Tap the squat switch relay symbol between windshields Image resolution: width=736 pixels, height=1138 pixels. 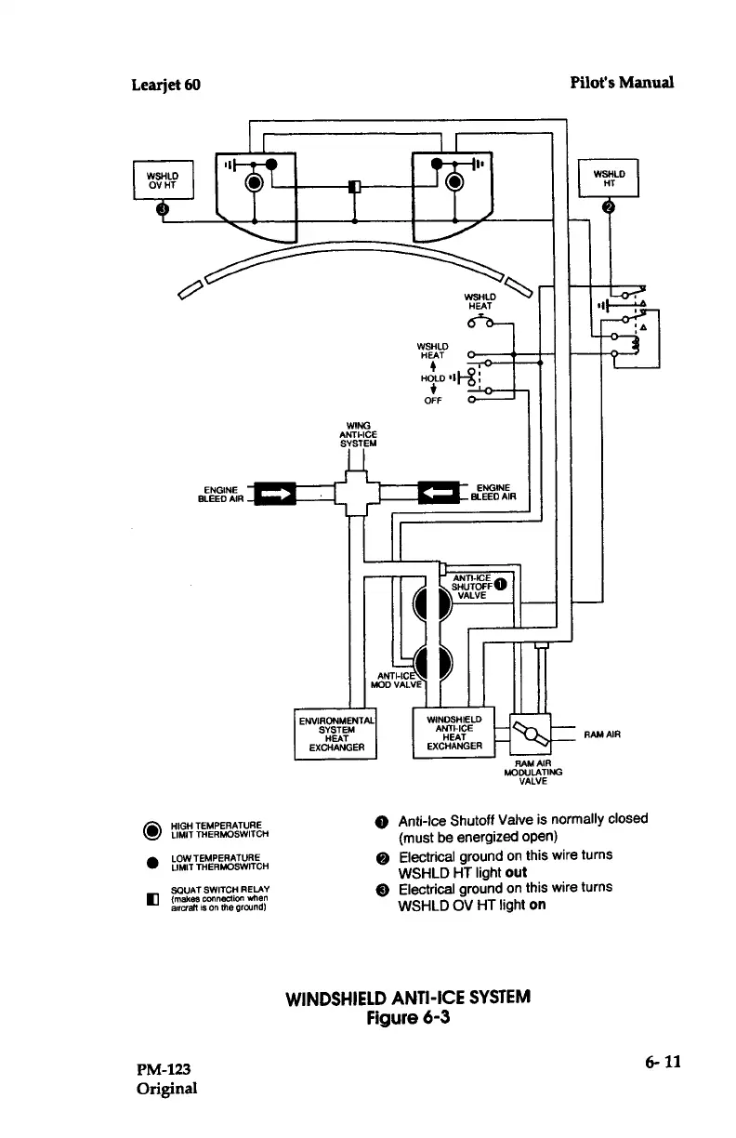[355, 187]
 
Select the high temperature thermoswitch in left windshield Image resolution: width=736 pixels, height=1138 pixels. [254, 182]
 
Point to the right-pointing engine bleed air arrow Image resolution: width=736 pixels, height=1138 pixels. [275, 494]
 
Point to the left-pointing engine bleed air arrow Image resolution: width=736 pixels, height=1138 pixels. [439, 492]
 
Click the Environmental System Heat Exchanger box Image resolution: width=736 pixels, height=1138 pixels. [335, 734]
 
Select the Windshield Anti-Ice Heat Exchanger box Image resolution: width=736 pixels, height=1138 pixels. [454, 733]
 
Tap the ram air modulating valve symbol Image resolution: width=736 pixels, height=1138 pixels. [531, 734]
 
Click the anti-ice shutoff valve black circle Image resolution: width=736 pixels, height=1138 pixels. [433, 603]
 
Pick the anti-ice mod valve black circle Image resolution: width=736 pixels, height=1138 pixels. [433, 663]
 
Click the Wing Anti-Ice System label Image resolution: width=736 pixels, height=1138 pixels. [358, 434]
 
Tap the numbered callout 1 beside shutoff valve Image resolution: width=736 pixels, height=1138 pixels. [500, 584]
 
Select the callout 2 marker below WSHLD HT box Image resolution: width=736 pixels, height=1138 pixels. [609, 207]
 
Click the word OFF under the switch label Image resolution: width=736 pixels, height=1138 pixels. [433, 401]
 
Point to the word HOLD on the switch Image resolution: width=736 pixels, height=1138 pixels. [432, 378]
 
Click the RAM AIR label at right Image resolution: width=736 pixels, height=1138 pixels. [602, 734]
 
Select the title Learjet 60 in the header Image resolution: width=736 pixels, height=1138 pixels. [166, 85]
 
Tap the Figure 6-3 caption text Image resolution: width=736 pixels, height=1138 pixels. [408, 1017]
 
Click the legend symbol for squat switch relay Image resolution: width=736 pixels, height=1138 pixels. [152, 900]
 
